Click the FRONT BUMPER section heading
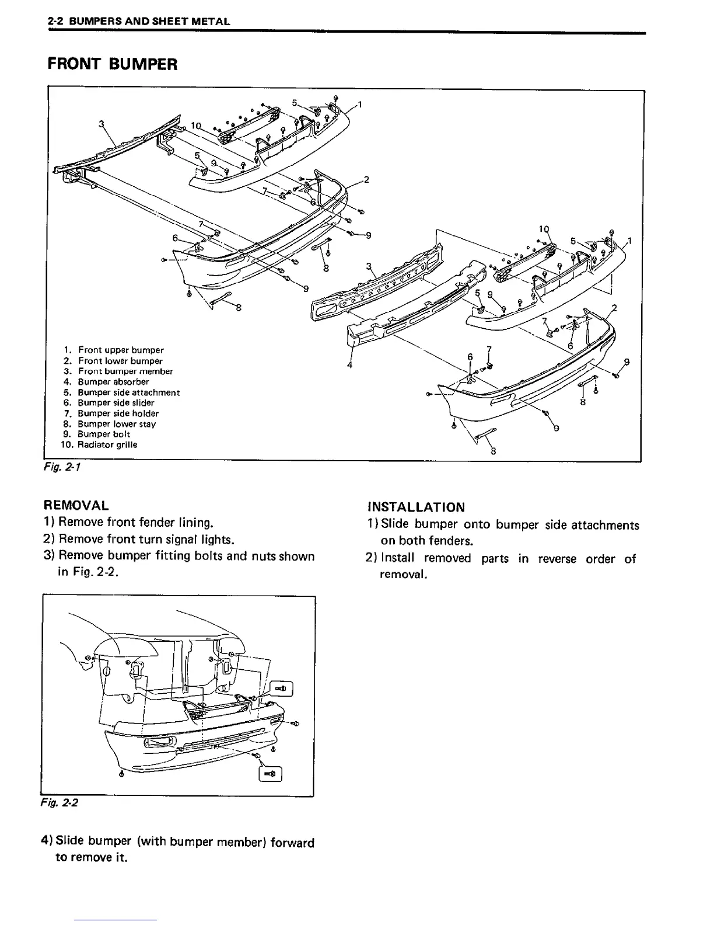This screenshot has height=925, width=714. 112,64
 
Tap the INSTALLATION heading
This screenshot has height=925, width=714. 416,507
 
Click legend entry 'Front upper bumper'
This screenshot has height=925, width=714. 121,350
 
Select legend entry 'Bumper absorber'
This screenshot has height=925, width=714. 113,382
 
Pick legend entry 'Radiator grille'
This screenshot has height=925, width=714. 107,444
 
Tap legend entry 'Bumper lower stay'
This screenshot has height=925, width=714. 117,424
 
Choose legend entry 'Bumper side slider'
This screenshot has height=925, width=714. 116,402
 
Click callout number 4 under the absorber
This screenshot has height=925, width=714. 349,366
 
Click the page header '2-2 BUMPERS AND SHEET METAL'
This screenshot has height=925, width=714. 138,22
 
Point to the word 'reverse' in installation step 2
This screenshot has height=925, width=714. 557,559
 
